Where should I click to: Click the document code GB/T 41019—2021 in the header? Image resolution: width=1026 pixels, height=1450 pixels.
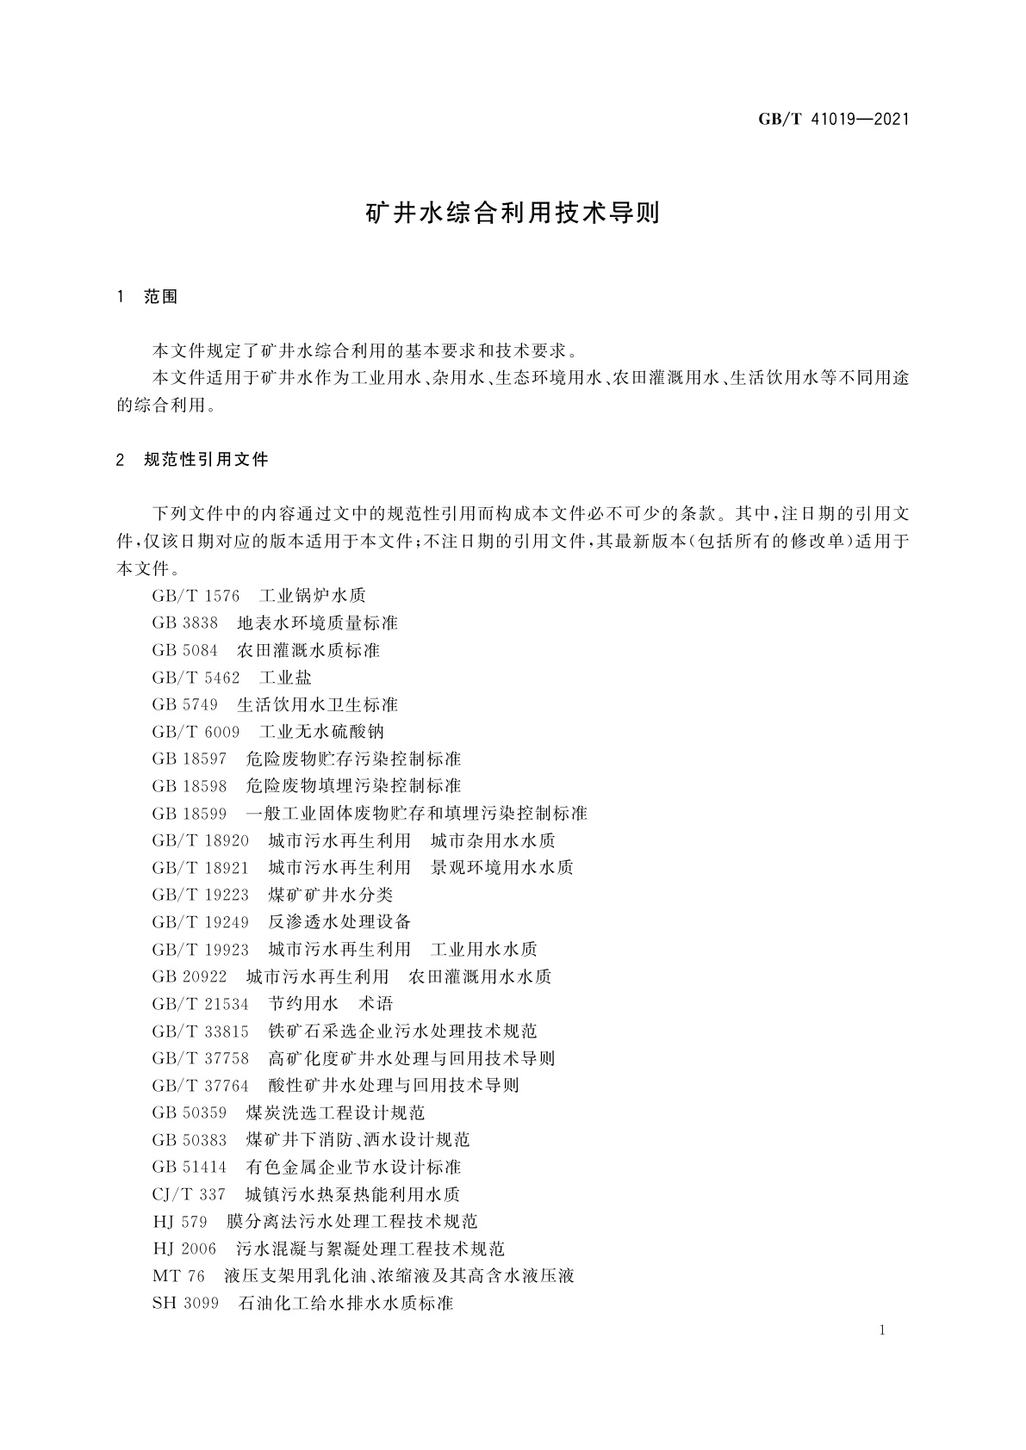(833, 119)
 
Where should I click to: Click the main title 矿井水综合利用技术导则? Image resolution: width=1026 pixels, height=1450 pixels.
(513, 214)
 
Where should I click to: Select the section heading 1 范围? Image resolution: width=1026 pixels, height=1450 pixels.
(147, 297)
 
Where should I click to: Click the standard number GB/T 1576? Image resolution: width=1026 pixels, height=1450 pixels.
(196, 596)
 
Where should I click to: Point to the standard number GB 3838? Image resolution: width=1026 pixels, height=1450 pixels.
(184, 623)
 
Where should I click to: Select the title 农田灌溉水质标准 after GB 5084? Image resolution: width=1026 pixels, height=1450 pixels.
(308, 650)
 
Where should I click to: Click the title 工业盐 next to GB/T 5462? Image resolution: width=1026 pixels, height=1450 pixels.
(285, 678)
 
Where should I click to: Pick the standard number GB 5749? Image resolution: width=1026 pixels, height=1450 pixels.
(184, 705)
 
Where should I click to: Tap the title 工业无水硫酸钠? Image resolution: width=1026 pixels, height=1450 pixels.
(321, 732)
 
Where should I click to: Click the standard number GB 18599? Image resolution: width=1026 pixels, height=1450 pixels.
(190, 814)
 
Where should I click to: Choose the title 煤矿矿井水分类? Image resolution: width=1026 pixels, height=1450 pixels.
(330, 895)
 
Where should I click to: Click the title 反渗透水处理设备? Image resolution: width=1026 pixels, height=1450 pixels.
(339, 922)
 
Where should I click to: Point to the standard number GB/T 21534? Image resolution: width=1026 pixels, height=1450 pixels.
(200, 1004)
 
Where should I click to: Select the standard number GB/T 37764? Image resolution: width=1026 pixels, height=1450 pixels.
(200, 1086)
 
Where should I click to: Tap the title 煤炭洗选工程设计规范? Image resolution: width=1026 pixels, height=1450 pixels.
(335, 1113)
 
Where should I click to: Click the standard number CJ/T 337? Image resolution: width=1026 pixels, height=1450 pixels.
(189, 1195)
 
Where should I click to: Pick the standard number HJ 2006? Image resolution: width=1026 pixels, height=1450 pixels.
(184, 1249)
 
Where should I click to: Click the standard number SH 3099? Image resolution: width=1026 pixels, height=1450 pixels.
(184, 1304)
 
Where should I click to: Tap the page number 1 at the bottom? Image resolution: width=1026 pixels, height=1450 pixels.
(883, 1330)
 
